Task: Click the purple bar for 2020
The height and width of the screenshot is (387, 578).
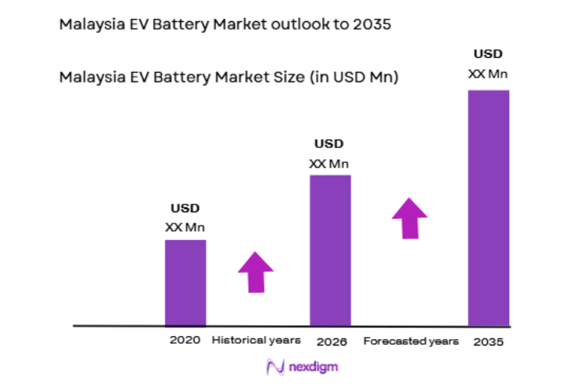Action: click(185, 282)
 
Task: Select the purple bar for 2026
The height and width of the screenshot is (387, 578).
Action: click(329, 249)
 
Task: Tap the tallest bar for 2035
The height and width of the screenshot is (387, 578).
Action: click(488, 207)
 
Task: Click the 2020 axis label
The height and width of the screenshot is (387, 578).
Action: click(185, 340)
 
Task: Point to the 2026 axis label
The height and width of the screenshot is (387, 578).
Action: click(332, 342)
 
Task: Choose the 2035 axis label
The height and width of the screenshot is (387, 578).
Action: click(488, 342)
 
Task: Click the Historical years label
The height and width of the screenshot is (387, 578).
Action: click(257, 340)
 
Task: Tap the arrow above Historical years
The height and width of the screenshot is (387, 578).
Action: click(256, 272)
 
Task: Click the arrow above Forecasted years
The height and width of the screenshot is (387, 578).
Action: click(409, 217)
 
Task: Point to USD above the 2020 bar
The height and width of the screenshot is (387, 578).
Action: click(185, 208)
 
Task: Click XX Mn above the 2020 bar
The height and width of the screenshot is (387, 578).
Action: click(185, 227)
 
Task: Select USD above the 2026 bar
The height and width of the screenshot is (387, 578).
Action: click(328, 144)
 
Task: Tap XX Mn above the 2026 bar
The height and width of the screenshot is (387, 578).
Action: click(328, 163)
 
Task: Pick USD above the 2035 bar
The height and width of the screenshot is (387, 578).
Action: click(488, 54)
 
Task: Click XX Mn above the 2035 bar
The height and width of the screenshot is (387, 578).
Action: click(488, 74)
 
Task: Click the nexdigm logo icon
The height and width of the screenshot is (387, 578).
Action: click(274, 366)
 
